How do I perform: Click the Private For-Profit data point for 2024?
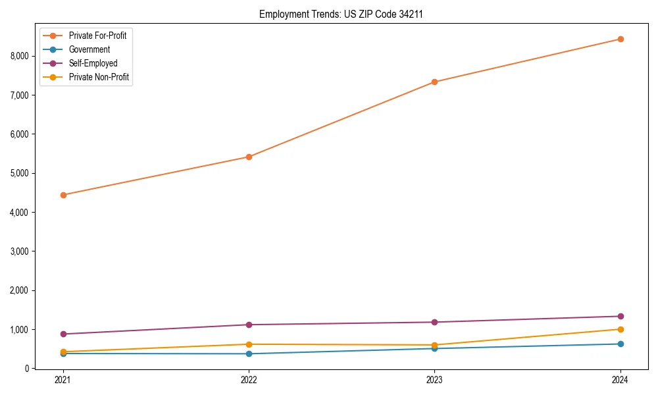click(620, 39)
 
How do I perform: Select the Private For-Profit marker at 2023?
click(434, 82)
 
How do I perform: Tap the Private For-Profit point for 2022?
click(249, 157)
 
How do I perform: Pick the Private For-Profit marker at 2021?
click(63, 195)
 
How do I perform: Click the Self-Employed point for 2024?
click(620, 316)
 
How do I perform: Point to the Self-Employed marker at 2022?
click(249, 325)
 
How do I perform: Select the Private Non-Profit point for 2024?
click(620, 329)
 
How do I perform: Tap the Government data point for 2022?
click(249, 354)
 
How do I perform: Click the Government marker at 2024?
click(620, 344)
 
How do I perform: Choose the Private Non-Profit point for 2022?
click(249, 344)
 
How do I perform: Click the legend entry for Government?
click(89, 49)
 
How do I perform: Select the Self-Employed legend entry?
click(93, 63)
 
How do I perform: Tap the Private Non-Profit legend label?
click(99, 77)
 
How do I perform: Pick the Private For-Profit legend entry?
click(97, 36)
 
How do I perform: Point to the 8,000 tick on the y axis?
click(20, 56)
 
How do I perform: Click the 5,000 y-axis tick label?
click(20, 173)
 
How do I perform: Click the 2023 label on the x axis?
click(434, 380)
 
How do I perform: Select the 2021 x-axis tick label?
click(63, 380)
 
